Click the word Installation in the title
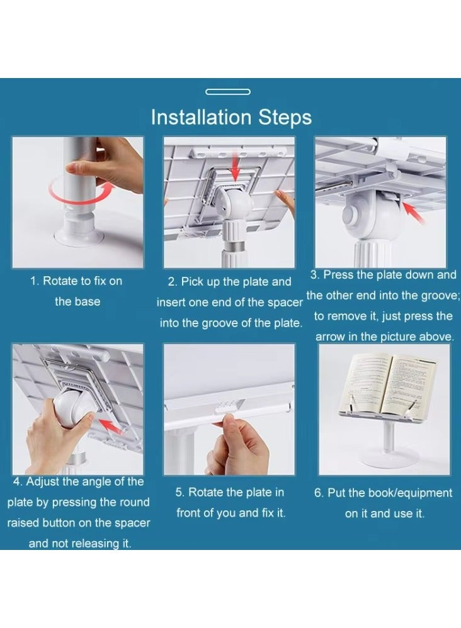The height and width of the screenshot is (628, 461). (x=202, y=117)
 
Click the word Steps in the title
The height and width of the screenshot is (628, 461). (x=285, y=118)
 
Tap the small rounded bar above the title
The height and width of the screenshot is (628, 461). (x=228, y=92)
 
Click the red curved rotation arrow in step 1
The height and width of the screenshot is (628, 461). (x=80, y=192)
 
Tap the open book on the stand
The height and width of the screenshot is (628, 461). (x=387, y=385)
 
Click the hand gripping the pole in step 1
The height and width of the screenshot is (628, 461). (x=108, y=164)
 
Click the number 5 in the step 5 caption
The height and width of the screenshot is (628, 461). (x=179, y=492)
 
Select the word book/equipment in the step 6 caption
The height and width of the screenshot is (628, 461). (x=411, y=493)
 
